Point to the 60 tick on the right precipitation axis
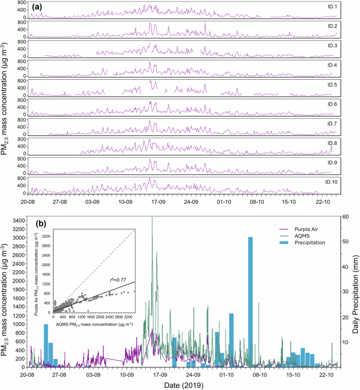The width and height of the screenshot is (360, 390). (x=345, y=216)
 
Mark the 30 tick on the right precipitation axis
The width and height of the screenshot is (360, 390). (x=345, y=292)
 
